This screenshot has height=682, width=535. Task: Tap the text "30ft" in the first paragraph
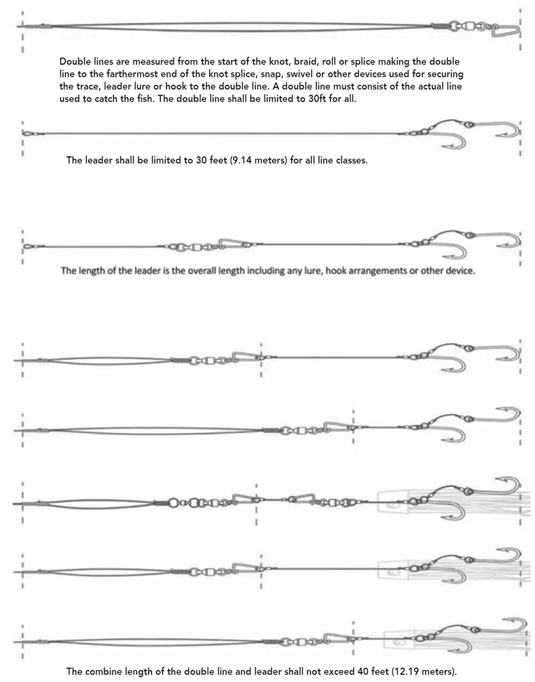tap(317, 98)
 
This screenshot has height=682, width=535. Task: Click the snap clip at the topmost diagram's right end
tap(505, 31)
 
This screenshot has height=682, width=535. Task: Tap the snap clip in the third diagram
tap(233, 243)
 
